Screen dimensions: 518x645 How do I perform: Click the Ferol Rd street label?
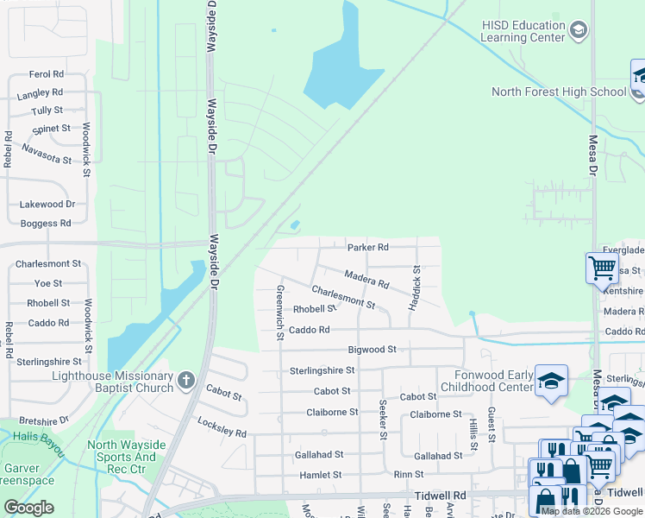click(47, 75)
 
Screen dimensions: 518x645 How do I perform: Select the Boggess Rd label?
click(46, 224)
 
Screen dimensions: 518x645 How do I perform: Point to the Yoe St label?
click(48, 283)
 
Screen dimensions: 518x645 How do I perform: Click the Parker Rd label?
click(368, 247)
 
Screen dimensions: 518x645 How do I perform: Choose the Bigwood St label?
click(372, 350)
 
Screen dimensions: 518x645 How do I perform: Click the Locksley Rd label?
click(222, 426)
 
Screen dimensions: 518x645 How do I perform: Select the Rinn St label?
click(409, 475)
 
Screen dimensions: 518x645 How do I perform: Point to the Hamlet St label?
click(321, 475)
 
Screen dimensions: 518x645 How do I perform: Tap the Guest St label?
click(491, 424)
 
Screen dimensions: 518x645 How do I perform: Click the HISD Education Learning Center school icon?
click(578, 32)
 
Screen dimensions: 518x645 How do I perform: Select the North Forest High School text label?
click(559, 92)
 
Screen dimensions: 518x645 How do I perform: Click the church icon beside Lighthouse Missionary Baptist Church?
click(185, 380)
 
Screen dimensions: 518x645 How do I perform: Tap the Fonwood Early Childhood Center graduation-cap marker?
click(551, 381)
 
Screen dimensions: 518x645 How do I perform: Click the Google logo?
click(28, 508)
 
